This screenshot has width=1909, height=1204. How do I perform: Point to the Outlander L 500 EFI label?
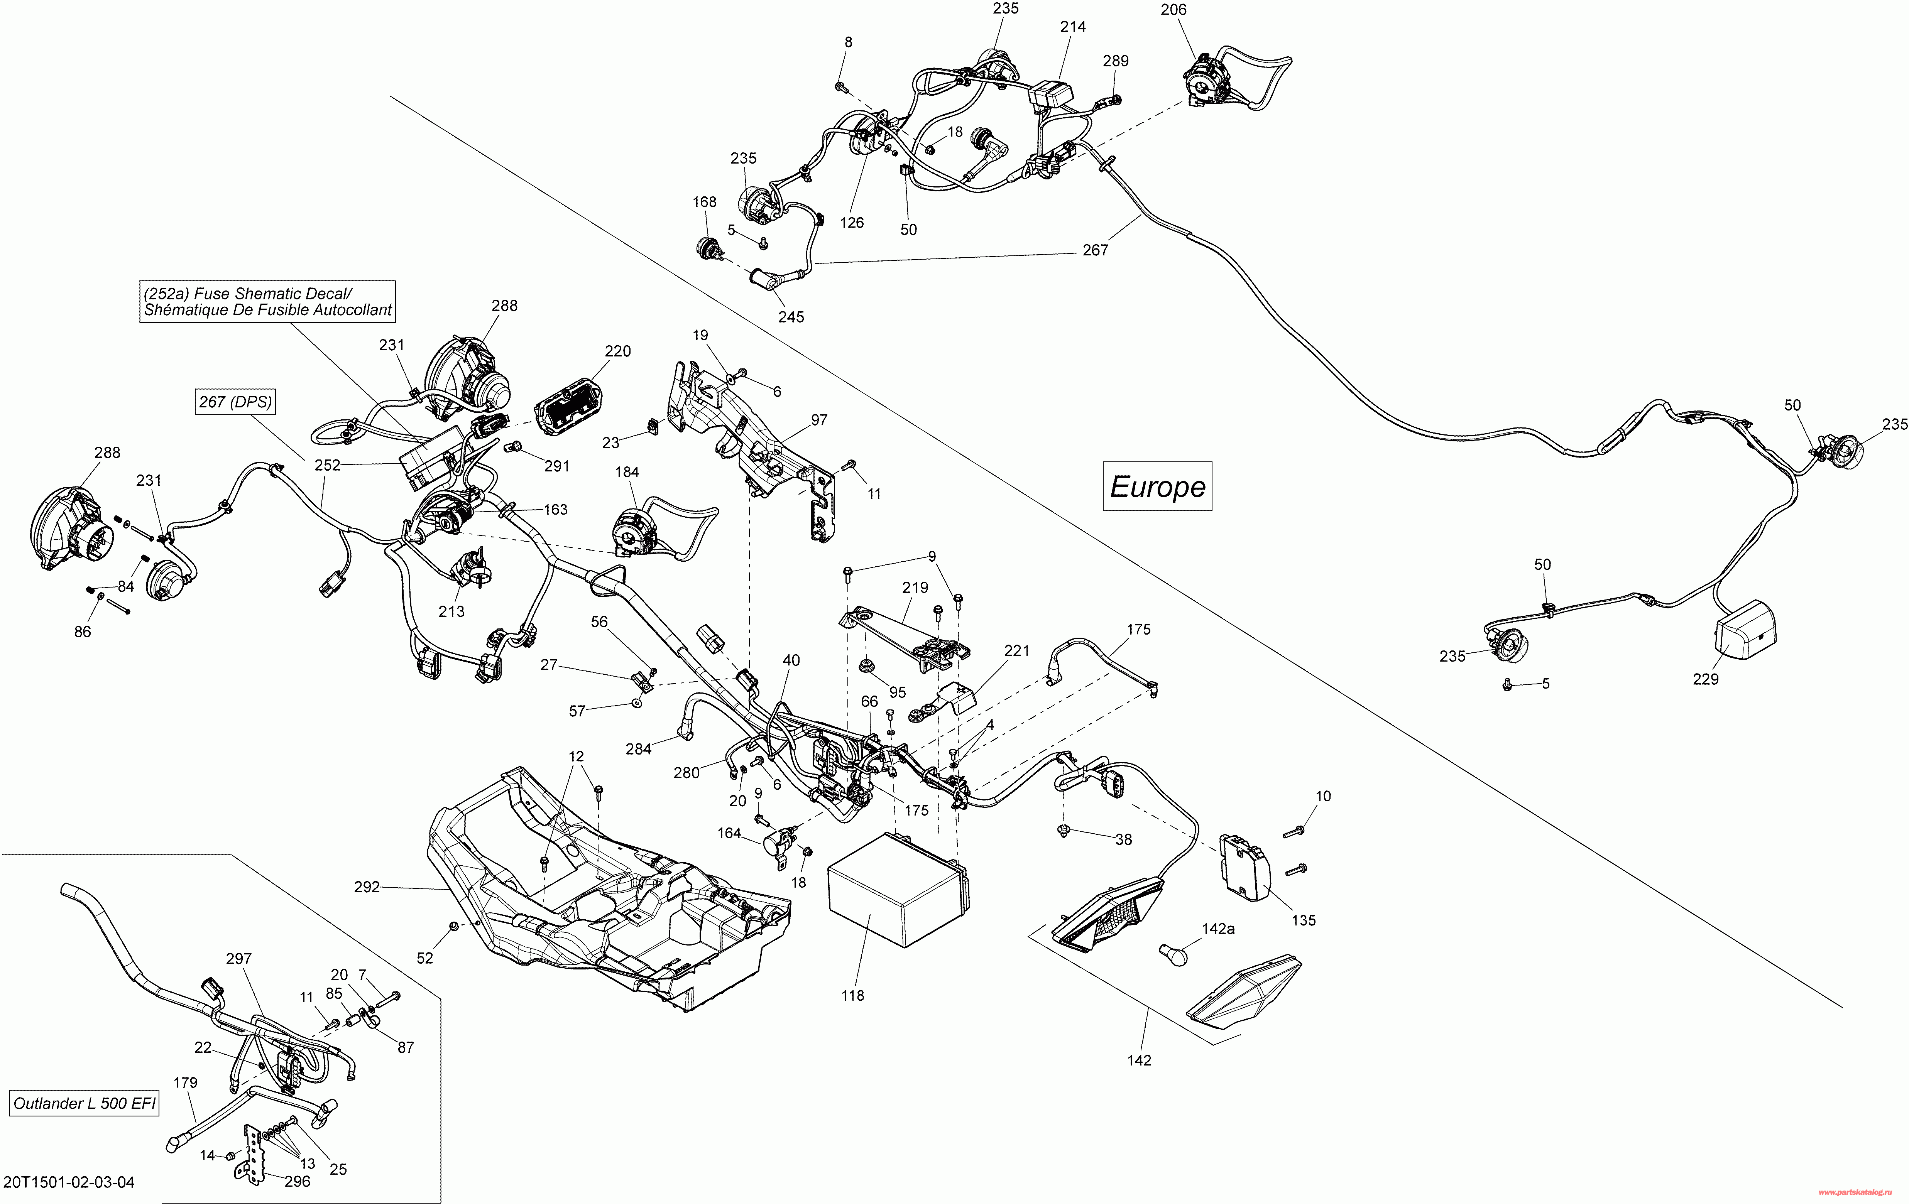pos(85,1103)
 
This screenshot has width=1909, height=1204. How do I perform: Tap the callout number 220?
pos(617,351)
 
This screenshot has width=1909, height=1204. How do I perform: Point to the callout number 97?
pos(819,420)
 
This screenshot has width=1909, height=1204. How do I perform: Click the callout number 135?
pos(1303,920)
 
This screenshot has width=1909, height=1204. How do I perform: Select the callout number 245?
pos(790,317)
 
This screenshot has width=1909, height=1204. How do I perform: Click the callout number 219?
pos(915,588)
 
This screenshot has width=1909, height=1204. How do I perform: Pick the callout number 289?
pos(1116,61)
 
